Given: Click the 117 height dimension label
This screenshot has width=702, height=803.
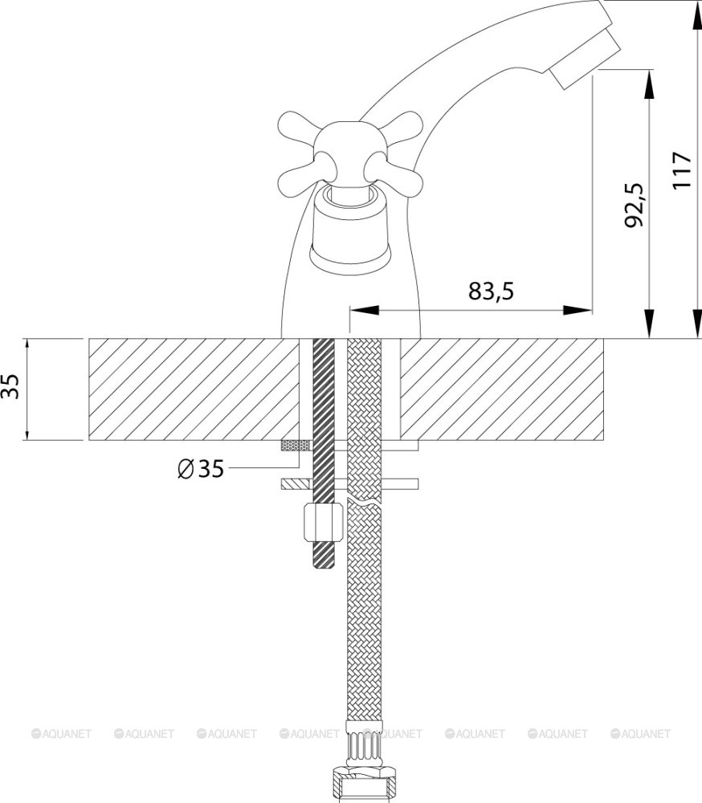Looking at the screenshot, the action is click(x=682, y=170).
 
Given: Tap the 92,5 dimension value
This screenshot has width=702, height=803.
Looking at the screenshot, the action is click(x=635, y=205).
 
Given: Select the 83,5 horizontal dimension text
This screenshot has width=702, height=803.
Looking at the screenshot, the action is click(x=491, y=291).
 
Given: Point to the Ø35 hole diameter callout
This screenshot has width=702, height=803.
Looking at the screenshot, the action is click(x=200, y=468).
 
